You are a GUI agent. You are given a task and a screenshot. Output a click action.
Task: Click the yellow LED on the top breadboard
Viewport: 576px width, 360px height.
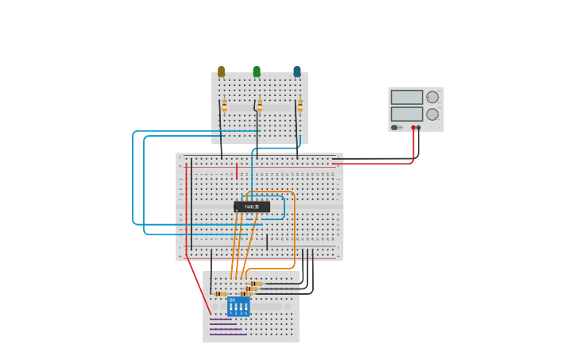221,72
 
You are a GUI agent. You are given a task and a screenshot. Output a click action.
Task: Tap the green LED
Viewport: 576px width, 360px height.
256,72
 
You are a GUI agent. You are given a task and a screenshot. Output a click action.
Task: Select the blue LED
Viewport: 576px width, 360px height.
297,72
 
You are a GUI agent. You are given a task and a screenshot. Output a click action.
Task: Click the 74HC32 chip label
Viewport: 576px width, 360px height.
252,207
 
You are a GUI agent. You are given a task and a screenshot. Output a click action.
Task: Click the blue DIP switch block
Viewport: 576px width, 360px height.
238,307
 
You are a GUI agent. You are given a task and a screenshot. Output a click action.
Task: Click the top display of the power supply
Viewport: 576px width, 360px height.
407,97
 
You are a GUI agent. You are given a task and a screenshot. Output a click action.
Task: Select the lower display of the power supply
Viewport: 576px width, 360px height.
407,114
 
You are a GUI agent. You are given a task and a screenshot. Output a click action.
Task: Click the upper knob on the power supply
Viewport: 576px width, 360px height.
432,97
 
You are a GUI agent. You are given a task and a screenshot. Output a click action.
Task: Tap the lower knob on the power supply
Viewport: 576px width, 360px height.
432,114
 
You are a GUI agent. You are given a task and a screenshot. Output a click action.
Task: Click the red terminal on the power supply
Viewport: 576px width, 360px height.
413,127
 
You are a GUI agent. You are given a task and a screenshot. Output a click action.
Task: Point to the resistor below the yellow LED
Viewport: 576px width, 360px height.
224,105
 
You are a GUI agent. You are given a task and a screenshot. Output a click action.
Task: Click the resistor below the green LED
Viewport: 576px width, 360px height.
259,105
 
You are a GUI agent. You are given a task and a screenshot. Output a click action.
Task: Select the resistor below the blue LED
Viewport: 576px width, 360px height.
300,105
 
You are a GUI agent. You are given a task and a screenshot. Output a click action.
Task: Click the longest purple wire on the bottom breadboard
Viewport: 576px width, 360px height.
228,334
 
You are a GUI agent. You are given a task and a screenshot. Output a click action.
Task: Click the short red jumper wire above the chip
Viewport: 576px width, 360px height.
237,171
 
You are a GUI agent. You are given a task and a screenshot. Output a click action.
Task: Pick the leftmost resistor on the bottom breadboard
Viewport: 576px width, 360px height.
221,294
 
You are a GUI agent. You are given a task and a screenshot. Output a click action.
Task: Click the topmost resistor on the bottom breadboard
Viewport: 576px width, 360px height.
256,283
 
